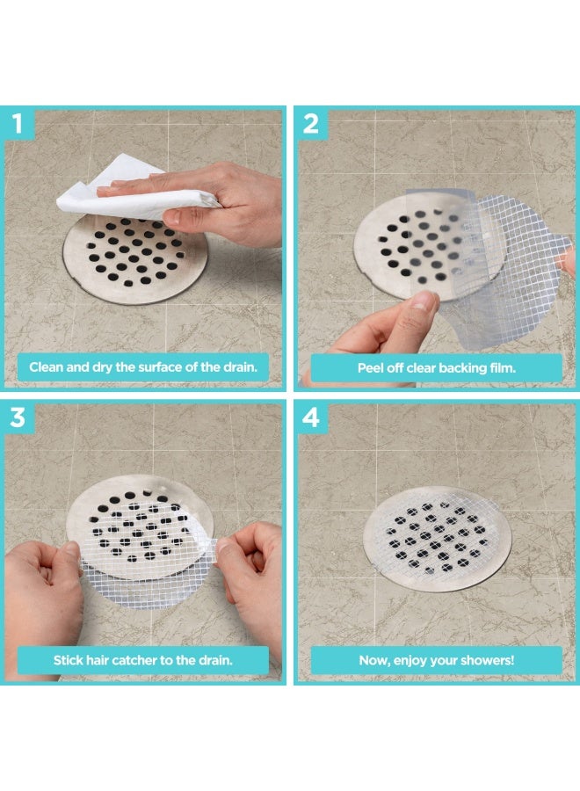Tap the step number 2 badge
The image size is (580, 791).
[311, 124]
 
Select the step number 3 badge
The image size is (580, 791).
[18, 418]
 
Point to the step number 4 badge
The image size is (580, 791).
[311, 418]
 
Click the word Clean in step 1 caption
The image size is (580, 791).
[47, 367]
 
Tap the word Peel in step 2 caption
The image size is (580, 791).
[373, 367]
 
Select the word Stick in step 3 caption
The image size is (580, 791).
[69, 659]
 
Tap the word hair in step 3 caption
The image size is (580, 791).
[103, 659]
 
